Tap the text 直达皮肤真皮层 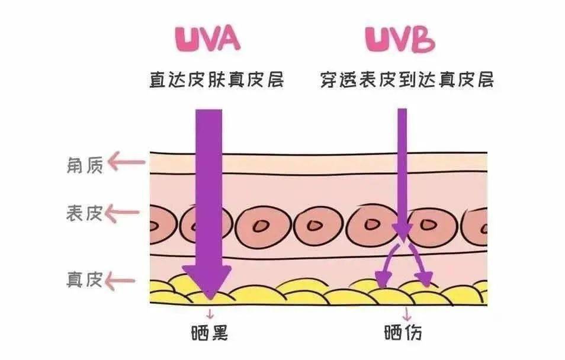pyautogui.click(x=216, y=79)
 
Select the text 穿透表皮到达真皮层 pyautogui.click(x=407, y=79)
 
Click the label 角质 pyautogui.click(x=85, y=165)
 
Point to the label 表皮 pyautogui.click(x=85, y=213)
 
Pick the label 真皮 pyautogui.click(x=85, y=279)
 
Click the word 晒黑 pyautogui.click(x=210, y=333)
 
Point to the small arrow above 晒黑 pyautogui.click(x=209, y=313)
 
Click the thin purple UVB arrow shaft pyautogui.click(x=402, y=166)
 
